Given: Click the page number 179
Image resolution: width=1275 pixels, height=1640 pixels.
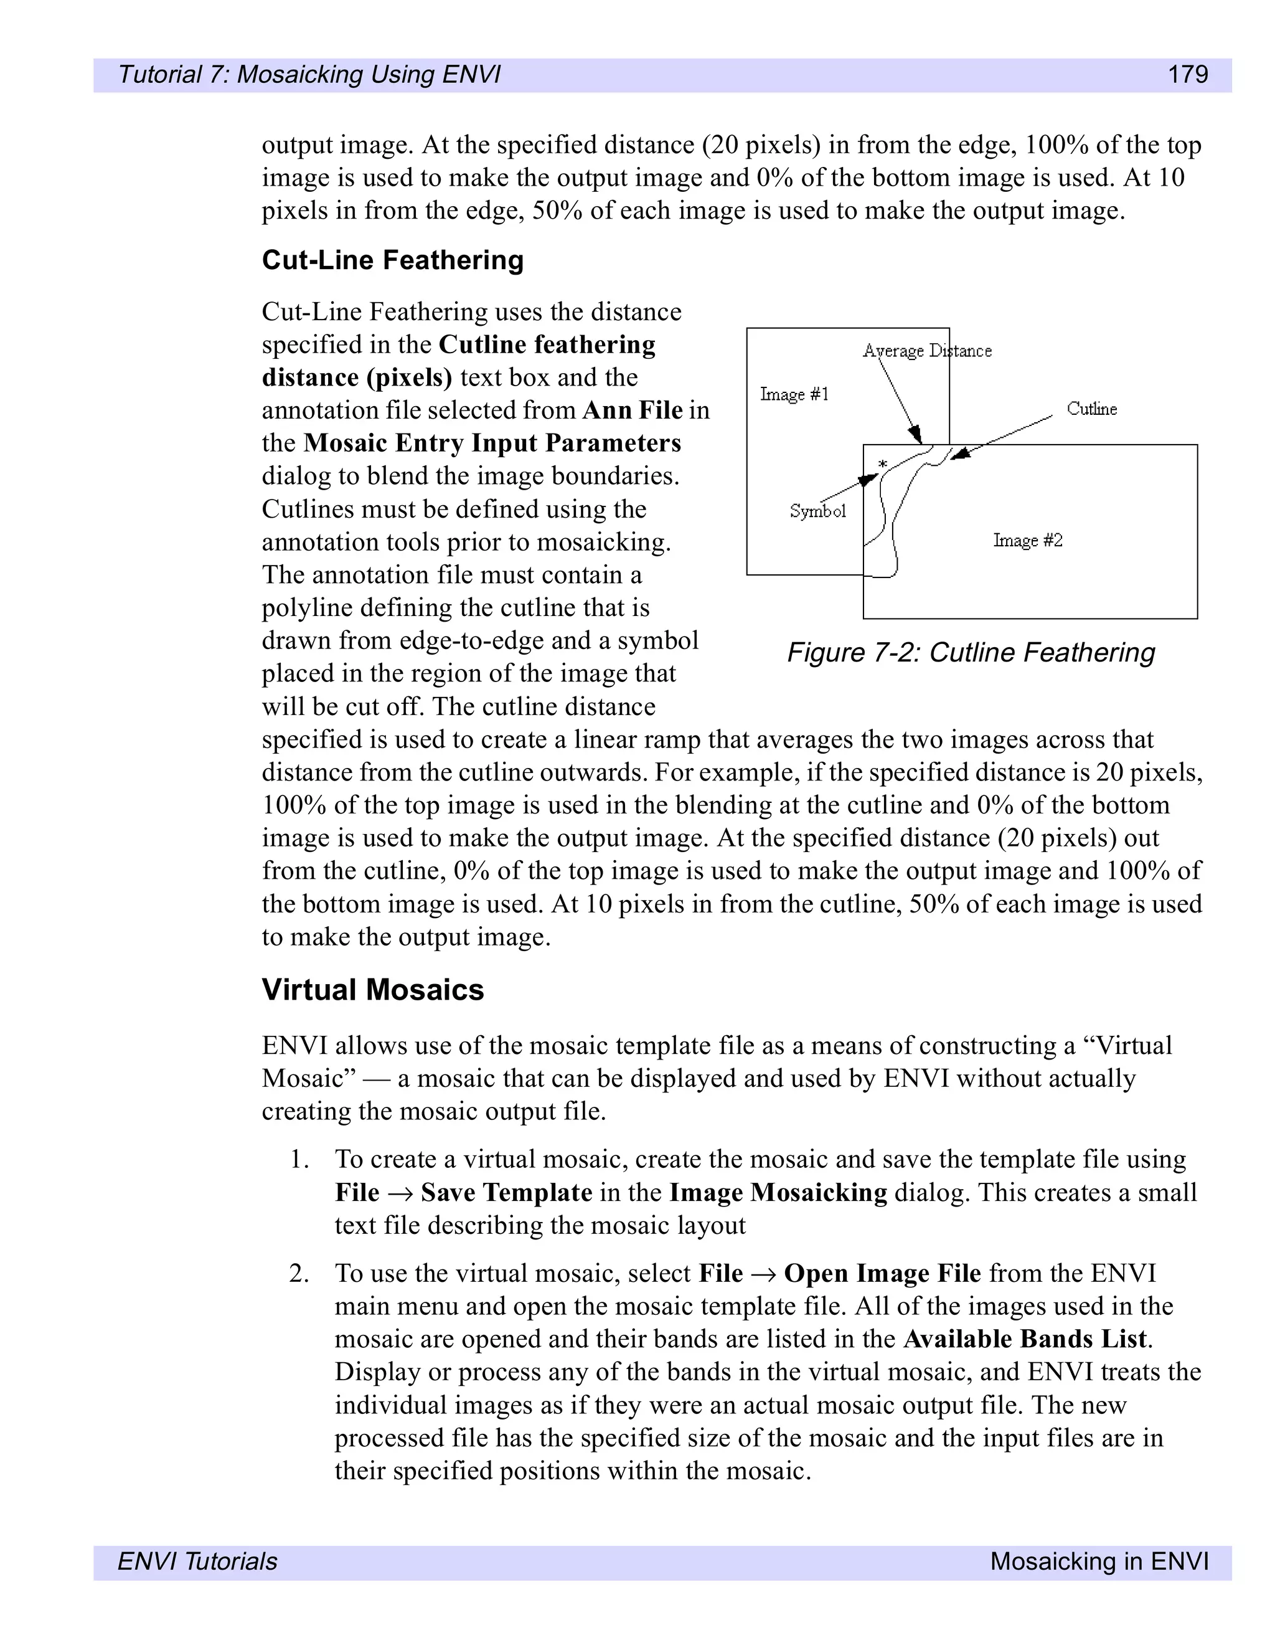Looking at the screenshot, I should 1187,74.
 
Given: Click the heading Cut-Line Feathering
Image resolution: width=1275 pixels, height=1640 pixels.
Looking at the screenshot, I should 392,260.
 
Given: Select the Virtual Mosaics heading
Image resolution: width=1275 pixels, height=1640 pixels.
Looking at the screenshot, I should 372,989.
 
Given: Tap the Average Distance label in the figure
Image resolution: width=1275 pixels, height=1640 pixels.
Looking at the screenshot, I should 927,351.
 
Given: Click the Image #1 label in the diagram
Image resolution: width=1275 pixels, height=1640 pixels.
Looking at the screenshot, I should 794,394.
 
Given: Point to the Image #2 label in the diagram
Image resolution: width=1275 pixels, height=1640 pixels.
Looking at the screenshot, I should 1027,540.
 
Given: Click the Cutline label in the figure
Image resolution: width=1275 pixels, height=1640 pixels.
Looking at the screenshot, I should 1091,409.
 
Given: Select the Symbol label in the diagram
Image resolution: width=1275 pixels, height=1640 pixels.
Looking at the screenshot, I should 817,511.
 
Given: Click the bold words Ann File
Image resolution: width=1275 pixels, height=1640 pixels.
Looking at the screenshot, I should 632,410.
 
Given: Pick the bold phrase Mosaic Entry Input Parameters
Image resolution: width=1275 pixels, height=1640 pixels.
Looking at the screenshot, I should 492,443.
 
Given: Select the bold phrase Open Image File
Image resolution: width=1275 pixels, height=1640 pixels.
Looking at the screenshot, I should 882,1274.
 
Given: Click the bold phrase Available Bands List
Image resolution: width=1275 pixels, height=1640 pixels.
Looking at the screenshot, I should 1025,1339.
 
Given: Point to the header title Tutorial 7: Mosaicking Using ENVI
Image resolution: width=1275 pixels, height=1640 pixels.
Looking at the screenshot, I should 309,74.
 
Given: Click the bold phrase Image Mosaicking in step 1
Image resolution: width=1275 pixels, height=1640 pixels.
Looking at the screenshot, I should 778,1192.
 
